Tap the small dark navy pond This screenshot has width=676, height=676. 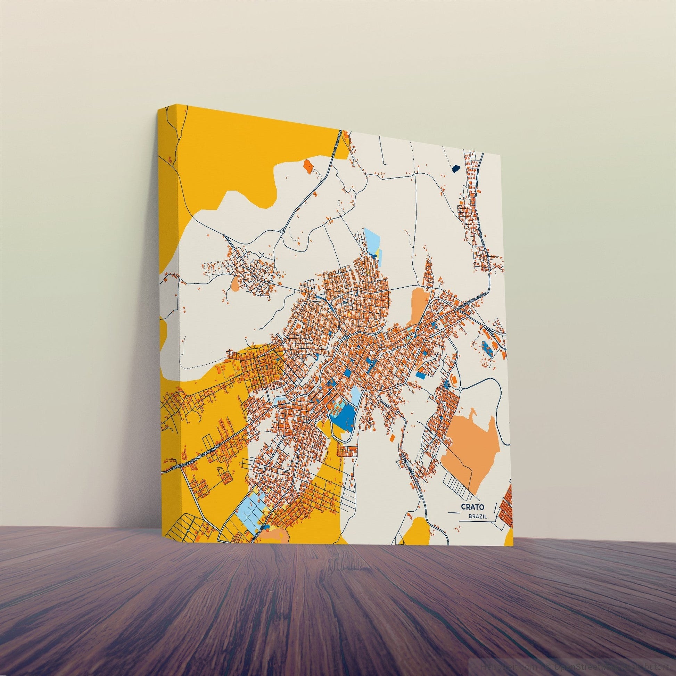[456, 170]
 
